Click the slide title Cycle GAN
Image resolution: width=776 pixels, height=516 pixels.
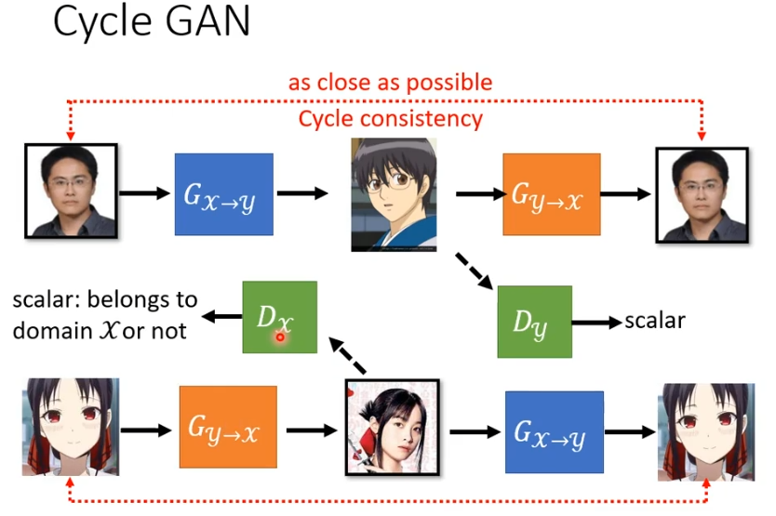click(151, 23)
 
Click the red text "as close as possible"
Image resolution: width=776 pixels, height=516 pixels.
click(390, 83)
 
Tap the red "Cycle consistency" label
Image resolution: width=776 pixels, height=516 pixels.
click(390, 118)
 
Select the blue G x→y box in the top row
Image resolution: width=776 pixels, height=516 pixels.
click(223, 193)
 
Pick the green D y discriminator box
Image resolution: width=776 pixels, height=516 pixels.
click(534, 322)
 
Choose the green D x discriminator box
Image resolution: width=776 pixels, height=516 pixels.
click(279, 317)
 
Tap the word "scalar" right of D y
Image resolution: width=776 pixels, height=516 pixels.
click(655, 321)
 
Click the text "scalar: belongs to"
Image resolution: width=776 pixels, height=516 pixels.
click(105, 300)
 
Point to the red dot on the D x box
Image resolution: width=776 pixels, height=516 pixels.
click(279, 337)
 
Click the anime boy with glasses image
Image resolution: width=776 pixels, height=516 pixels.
click(394, 193)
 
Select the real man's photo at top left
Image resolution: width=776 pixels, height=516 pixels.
click(71, 190)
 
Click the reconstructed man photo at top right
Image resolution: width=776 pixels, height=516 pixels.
click(702, 194)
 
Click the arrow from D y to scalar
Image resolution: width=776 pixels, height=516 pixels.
click(596, 323)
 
